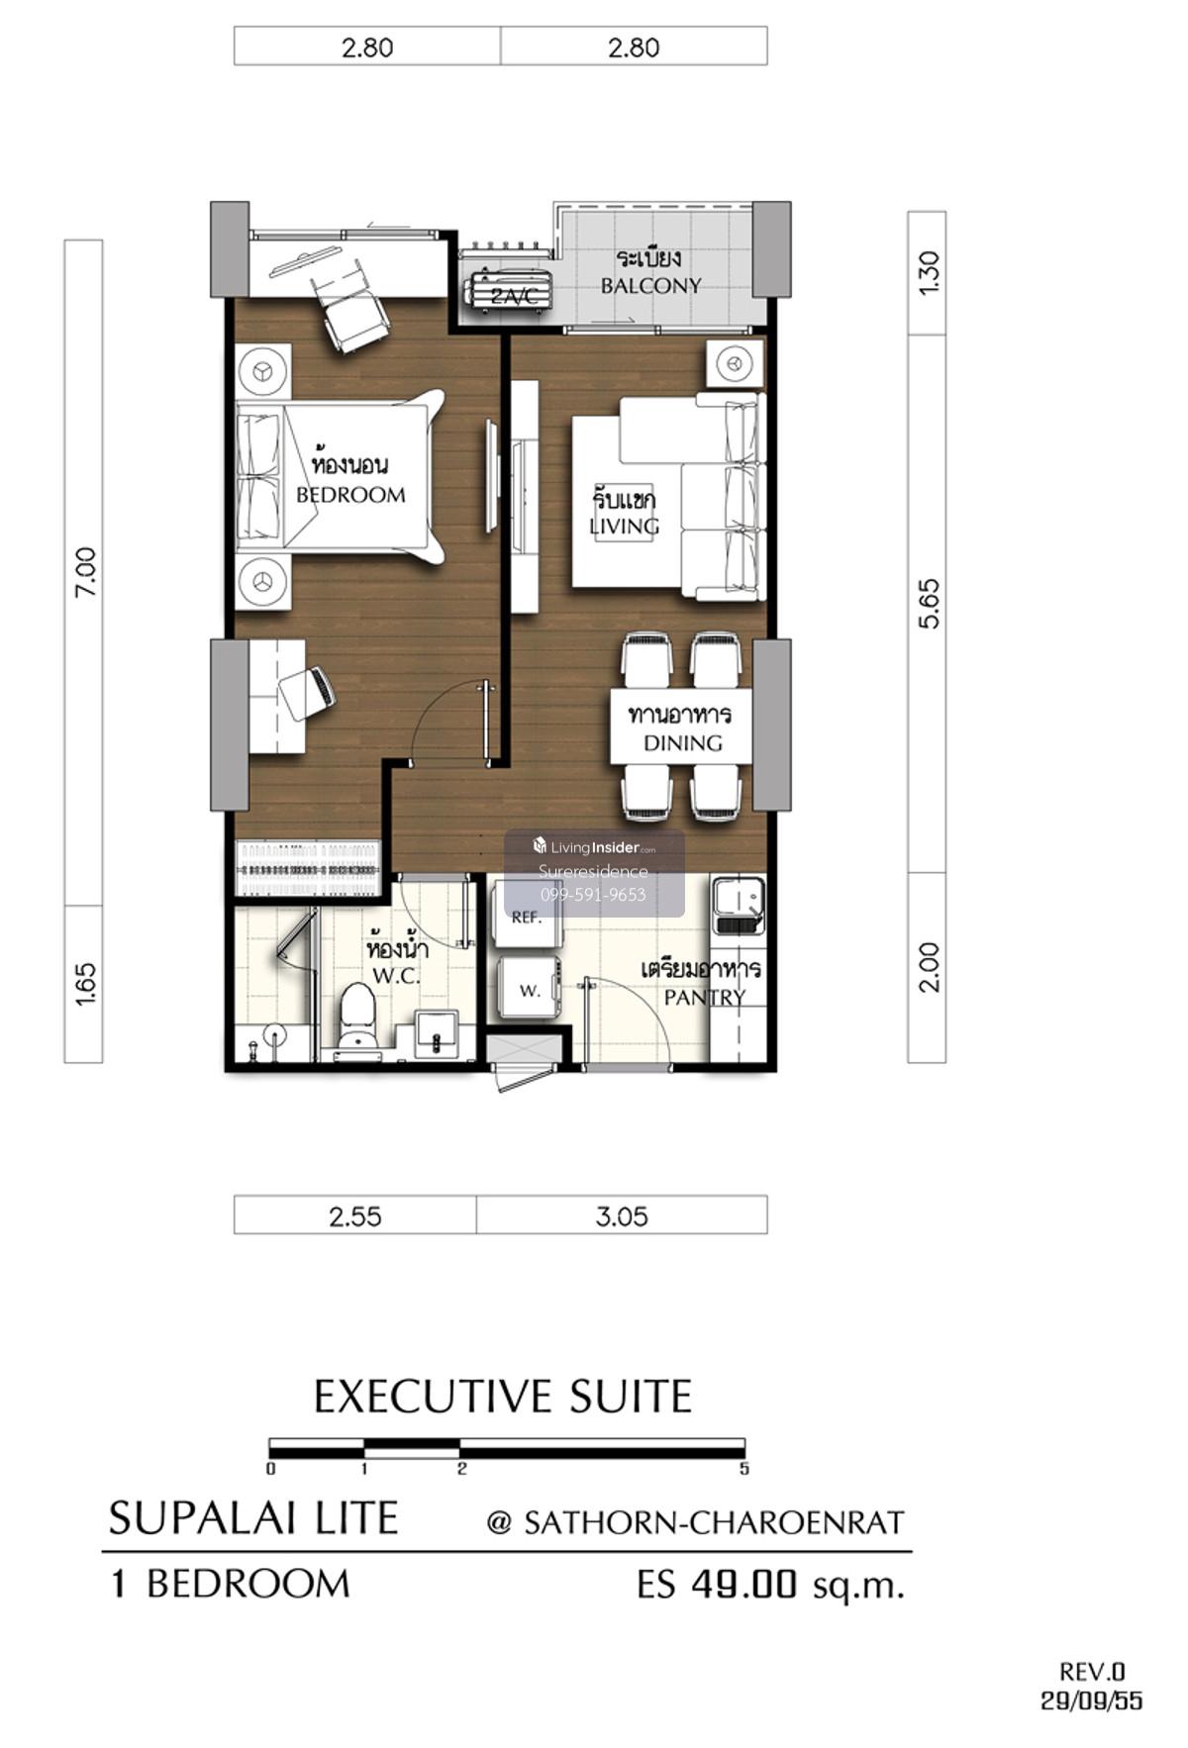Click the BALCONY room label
(650, 286)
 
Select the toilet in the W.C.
(356, 1017)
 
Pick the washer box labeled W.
(530, 988)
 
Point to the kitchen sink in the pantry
(738, 906)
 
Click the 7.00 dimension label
(85, 571)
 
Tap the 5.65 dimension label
(929, 603)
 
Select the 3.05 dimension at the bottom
(622, 1215)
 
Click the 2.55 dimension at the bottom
(355, 1215)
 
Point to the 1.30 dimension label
(929, 272)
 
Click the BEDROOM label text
(350, 495)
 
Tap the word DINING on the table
(683, 742)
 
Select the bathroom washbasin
(437, 1030)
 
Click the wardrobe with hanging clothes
(309, 868)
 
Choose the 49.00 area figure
(743, 1584)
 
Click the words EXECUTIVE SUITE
(503, 1397)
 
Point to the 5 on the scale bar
(744, 1469)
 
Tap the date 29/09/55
(1092, 1700)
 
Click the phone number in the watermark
(593, 895)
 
